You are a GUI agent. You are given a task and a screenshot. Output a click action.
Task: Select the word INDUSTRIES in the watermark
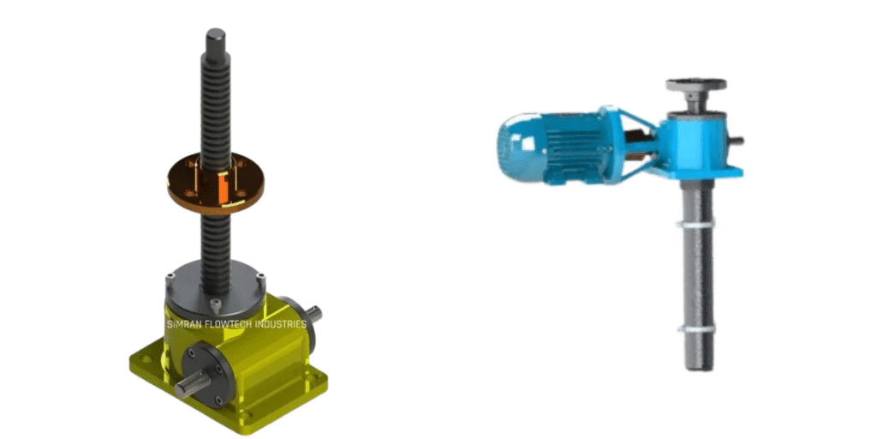click(x=280, y=324)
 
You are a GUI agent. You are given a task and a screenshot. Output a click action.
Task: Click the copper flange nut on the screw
click(x=215, y=183)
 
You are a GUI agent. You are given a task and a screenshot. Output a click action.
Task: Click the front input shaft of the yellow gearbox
click(x=191, y=387)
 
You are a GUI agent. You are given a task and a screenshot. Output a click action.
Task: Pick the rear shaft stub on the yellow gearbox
click(x=314, y=315)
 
